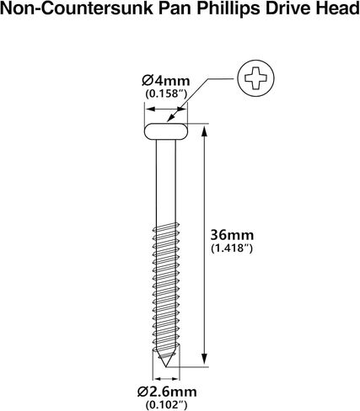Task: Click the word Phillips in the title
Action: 228,8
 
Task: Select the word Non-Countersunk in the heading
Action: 78,8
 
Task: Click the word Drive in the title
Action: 287,8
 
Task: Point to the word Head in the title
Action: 337,8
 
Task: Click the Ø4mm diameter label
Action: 166,81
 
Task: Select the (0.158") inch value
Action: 166,93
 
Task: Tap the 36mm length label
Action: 232,235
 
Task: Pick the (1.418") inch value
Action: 232,248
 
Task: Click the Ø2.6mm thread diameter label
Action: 167,392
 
